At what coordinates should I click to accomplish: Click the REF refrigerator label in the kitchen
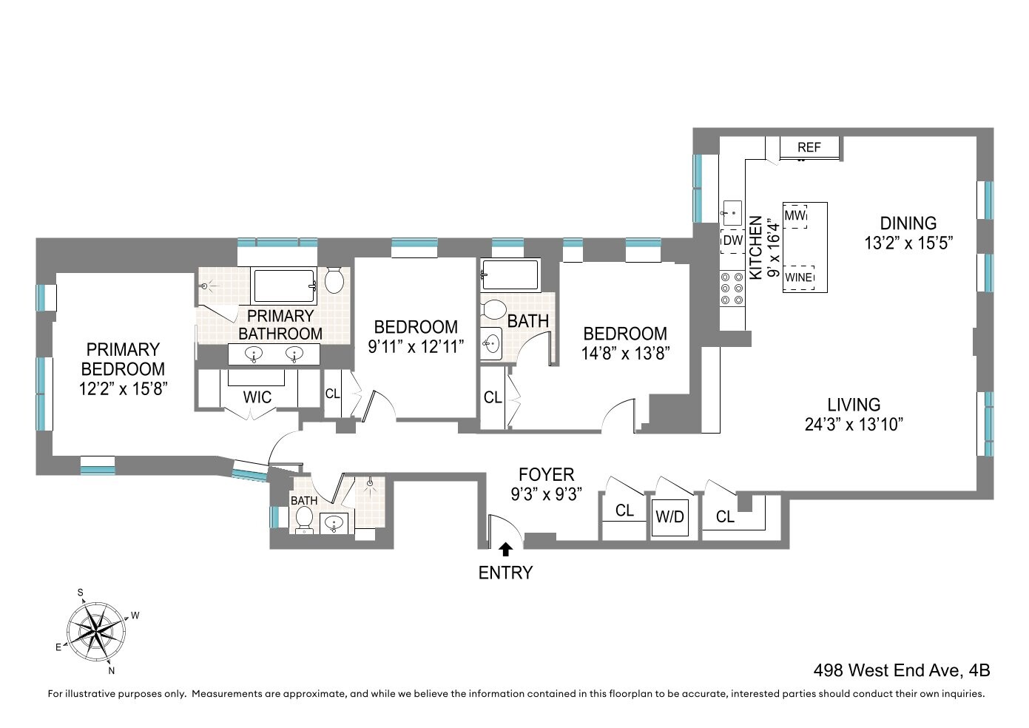pos(809,147)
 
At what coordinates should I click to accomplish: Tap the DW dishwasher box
pos(732,240)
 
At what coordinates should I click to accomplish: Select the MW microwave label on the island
pos(794,216)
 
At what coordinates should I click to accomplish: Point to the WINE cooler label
pos(799,277)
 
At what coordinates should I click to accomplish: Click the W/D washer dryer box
pos(669,516)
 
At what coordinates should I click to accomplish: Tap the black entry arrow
pos(506,549)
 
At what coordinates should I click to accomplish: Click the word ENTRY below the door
pos(505,573)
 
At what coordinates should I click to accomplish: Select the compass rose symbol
pos(96,631)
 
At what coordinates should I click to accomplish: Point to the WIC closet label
pos(257,398)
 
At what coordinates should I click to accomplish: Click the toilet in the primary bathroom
pos(334,280)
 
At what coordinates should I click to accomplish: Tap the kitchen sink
pos(732,212)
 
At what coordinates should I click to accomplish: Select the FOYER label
pos(546,475)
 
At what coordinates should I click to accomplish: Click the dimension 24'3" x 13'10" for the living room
pos(854,425)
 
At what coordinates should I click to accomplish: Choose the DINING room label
pos(908,223)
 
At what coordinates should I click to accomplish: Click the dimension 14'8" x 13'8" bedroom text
pos(626,354)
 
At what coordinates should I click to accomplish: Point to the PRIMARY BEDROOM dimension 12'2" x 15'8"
pos(123,388)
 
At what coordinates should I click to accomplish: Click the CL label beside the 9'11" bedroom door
pos(333,394)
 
